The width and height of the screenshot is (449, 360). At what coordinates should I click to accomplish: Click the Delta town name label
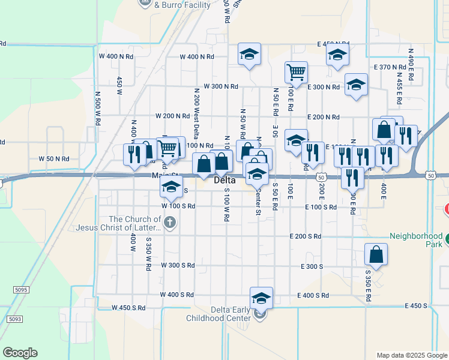pyautogui.click(x=224, y=180)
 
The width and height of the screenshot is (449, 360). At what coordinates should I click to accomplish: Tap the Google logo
pyautogui.click(x=20, y=353)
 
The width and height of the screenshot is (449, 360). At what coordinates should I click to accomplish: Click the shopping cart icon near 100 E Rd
pyautogui.click(x=296, y=73)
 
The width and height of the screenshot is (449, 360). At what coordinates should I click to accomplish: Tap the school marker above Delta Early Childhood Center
pyautogui.click(x=261, y=298)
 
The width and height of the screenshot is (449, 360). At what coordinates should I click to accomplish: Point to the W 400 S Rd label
pyautogui.click(x=177, y=295)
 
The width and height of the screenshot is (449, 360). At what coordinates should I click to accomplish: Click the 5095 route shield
pyautogui.click(x=21, y=290)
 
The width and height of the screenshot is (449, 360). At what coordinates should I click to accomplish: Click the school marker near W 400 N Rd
pyautogui.click(x=249, y=55)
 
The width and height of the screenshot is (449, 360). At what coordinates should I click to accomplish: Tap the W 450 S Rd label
pyautogui.click(x=128, y=308)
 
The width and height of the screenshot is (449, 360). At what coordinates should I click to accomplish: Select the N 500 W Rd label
pyautogui.click(x=97, y=107)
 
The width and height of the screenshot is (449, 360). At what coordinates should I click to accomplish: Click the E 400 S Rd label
pyautogui.click(x=313, y=295)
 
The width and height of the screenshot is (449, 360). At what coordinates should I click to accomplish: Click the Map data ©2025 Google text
pyautogui.click(x=411, y=355)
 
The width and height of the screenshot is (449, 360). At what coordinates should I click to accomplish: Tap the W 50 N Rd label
pyautogui.click(x=54, y=159)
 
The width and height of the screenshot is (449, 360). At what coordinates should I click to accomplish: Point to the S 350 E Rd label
pyautogui.click(x=368, y=286)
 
